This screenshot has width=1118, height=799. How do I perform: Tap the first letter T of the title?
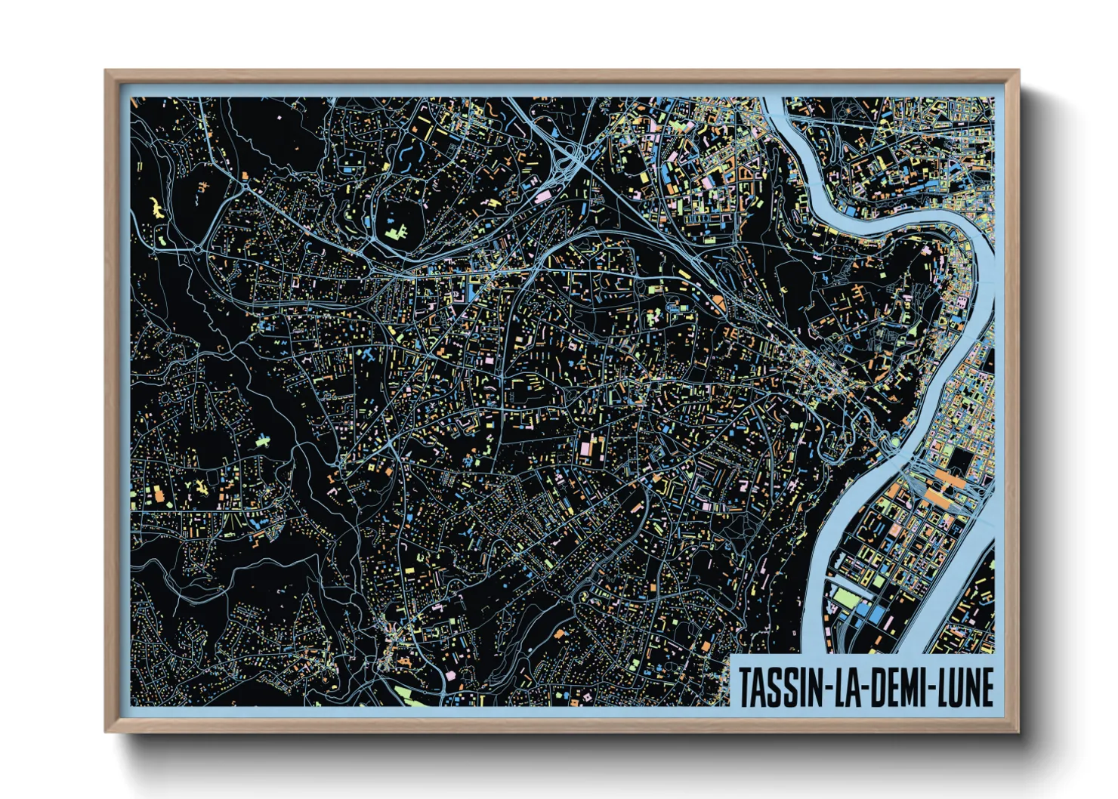tap(746, 687)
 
